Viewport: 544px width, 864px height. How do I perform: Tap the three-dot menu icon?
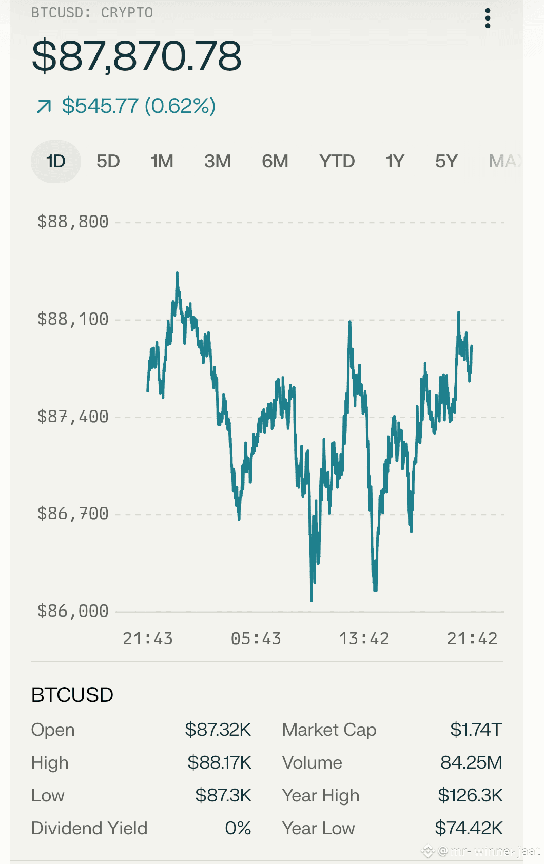488,18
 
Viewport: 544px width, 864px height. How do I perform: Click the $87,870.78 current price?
137,56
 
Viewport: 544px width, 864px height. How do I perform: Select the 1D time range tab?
56,161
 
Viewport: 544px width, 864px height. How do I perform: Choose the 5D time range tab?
108,161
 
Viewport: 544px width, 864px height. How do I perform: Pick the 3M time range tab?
218,161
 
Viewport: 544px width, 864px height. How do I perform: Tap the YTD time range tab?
337,161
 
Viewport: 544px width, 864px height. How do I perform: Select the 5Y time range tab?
446,161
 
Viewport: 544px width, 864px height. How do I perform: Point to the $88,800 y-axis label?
73,222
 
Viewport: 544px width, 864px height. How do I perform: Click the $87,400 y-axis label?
73,417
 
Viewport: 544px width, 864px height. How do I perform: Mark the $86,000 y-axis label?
73,612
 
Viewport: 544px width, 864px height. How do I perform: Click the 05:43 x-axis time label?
256,639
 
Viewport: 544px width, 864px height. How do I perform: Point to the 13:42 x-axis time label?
364,639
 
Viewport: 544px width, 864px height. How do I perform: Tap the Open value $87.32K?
218,730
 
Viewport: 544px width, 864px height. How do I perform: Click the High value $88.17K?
219,762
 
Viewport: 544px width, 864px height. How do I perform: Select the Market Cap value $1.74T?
476,730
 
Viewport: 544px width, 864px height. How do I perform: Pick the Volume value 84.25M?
472,762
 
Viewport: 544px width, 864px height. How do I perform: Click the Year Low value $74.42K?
469,828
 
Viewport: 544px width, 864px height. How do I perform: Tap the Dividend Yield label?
89,828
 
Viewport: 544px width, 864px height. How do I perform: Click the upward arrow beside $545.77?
44,106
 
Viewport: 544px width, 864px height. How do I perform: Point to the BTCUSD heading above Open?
72,695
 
